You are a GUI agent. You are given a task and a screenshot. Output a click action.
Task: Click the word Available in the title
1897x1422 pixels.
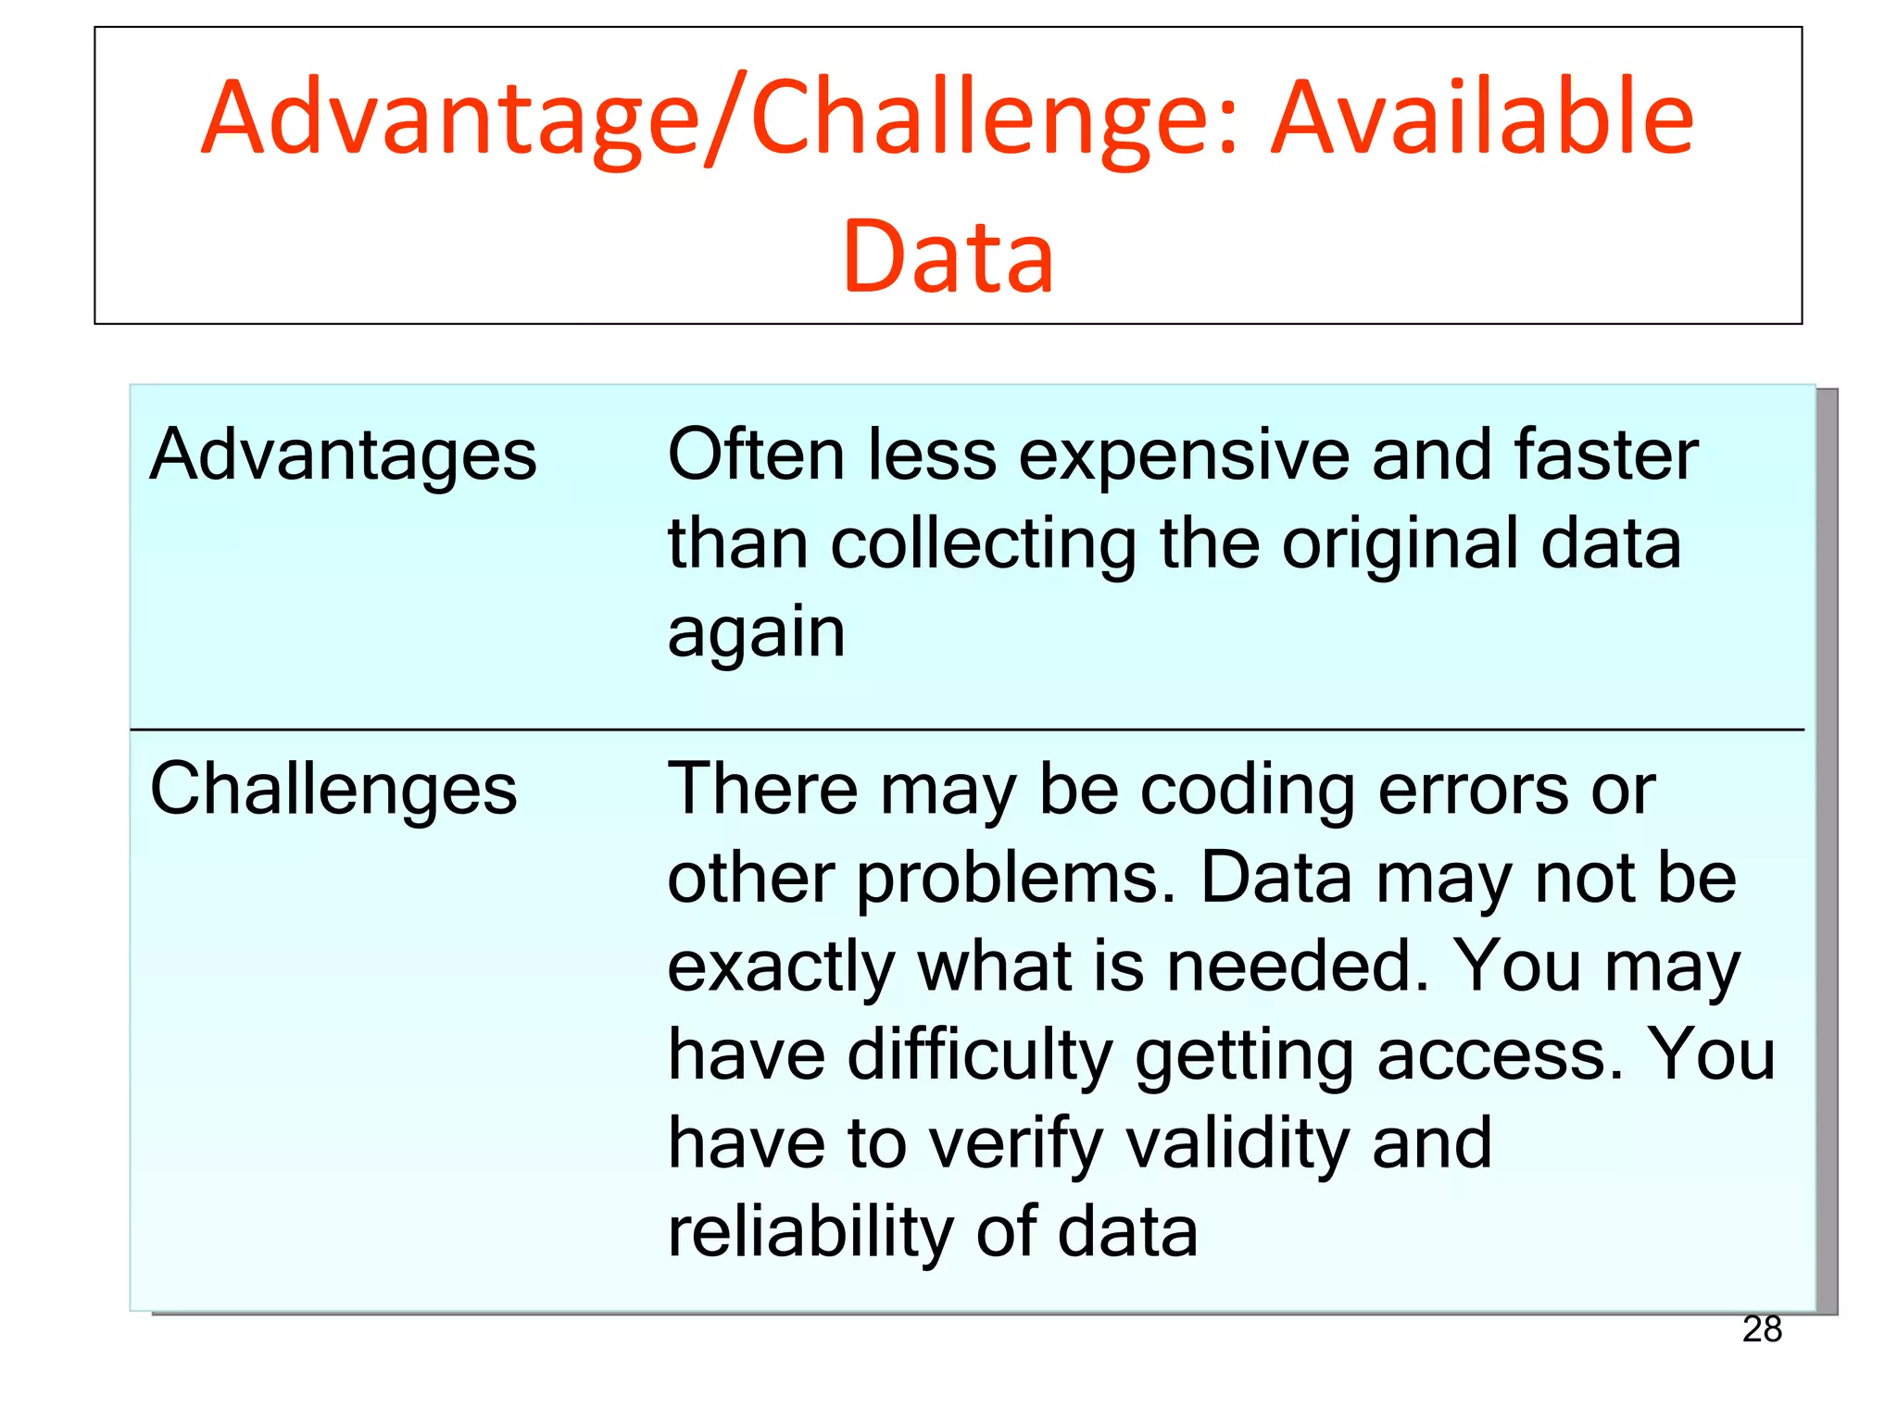(x=1482, y=118)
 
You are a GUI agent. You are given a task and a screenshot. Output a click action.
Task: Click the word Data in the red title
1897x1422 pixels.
(x=948, y=256)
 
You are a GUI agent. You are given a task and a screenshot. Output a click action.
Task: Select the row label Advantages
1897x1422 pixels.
(x=343, y=455)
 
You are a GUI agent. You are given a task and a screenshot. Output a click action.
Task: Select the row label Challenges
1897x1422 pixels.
(x=333, y=790)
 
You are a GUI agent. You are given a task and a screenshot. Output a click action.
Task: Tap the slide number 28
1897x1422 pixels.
(x=1762, y=1329)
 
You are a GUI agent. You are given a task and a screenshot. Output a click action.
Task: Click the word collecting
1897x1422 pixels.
(x=983, y=544)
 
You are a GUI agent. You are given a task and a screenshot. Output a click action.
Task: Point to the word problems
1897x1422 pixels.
(x=1015, y=879)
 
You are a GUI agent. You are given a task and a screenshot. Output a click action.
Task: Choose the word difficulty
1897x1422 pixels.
(x=980, y=1056)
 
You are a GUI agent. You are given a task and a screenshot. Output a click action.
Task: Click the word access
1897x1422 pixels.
(x=1501, y=1056)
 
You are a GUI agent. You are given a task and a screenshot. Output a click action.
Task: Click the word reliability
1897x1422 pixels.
(x=810, y=1233)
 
